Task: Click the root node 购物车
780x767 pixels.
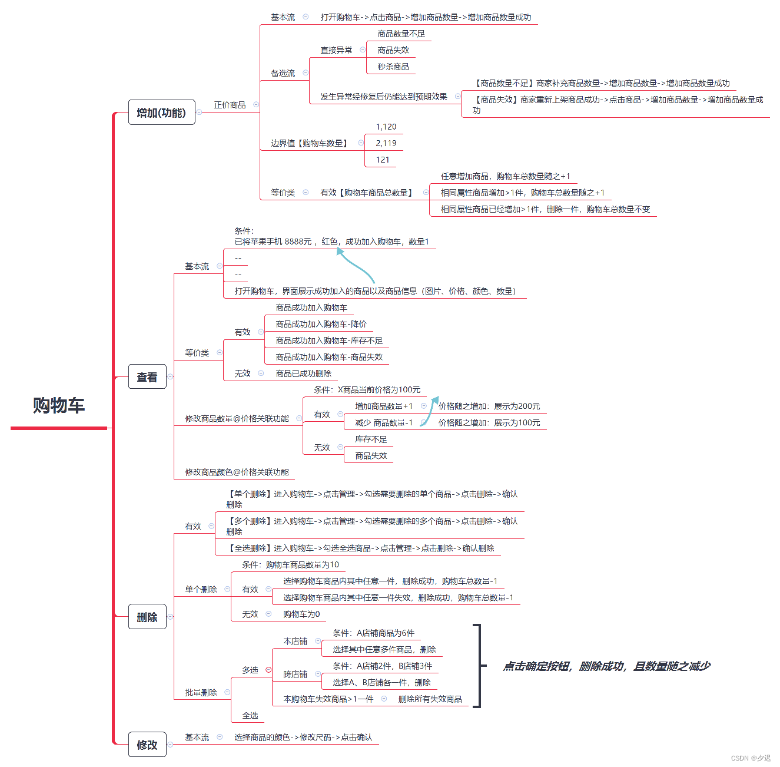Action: pos(59,405)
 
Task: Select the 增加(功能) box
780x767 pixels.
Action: pos(161,113)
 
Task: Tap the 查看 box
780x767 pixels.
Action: pos(147,377)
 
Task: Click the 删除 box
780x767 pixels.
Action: pos(147,617)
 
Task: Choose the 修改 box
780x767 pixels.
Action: pos(147,745)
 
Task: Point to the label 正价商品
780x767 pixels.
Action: pos(230,105)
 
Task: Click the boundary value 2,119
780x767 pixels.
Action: pos(386,143)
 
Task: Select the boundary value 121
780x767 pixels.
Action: pos(383,160)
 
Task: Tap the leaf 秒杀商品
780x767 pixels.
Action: pos(393,67)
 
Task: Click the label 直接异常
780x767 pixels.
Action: pos(336,50)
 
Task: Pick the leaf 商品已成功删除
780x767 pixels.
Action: pos(303,373)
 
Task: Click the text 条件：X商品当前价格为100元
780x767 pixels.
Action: pos(367,389)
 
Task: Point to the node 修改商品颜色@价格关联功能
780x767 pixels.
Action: pos(237,472)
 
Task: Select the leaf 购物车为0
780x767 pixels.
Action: pos(301,614)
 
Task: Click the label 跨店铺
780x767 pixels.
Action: pos(295,674)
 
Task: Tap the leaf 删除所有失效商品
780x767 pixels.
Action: pos(430,699)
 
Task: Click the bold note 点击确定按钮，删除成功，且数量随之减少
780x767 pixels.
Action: pos(606,666)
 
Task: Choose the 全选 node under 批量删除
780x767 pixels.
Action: pos(250,715)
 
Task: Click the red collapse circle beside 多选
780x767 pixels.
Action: pos(268,670)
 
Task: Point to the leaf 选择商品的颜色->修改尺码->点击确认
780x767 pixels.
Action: pos(303,737)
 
